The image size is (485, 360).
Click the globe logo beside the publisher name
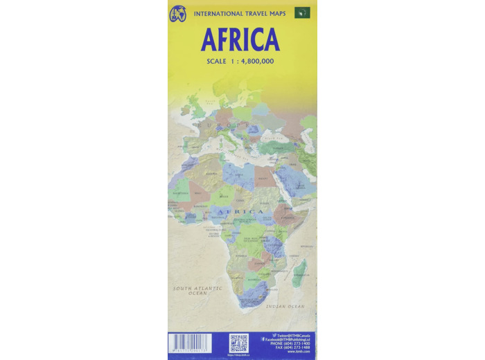coord(179,13)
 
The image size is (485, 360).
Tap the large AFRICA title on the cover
coord(240,40)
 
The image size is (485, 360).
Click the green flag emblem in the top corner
coord(302,13)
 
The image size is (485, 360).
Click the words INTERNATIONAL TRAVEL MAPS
coord(238,13)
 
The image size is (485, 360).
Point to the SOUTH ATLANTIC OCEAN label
coord(191,291)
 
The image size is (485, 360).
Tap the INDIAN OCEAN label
coord(286,306)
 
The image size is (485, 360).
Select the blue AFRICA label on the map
coord(240,211)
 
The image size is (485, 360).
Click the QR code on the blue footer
coord(239,343)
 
